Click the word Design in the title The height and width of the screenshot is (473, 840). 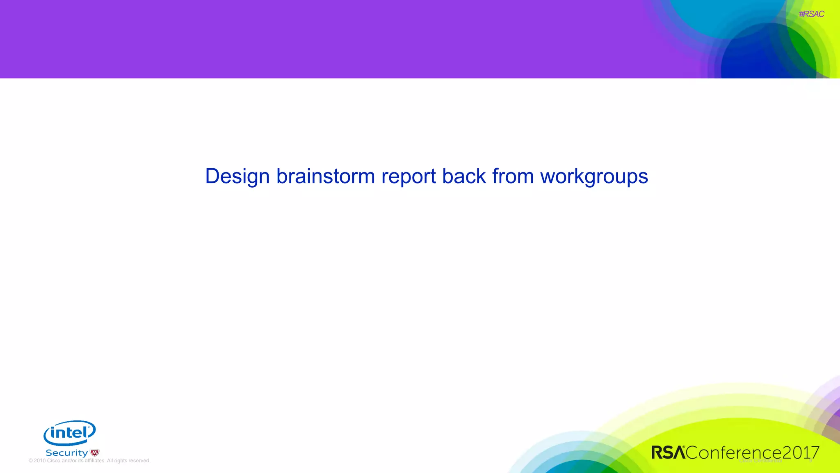pyautogui.click(x=237, y=177)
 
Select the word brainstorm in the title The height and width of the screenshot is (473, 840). pyautogui.click(x=325, y=177)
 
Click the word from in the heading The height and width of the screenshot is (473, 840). pyautogui.click(x=513, y=177)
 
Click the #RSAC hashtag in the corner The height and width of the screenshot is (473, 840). pyautogui.click(x=811, y=14)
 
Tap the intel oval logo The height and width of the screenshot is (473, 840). pyautogui.click(x=70, y=433)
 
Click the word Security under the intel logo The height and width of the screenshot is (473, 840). pyautogui.click(x=66, y=453)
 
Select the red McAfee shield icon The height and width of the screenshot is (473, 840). pyautogui.click(x=95, y=453)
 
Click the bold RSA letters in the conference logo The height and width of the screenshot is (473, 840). pyautogui.click(x=668, y=452)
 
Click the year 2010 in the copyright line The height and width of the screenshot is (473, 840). pyautogui.click(x=40, y=461)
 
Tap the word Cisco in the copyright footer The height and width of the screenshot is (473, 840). pyautogui.click(x=53, y=461)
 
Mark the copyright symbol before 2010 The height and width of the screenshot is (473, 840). pyautogui.click(x=31, y=461)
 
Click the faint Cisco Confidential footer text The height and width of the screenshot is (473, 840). pyautogui.click(x=760, y=461)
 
